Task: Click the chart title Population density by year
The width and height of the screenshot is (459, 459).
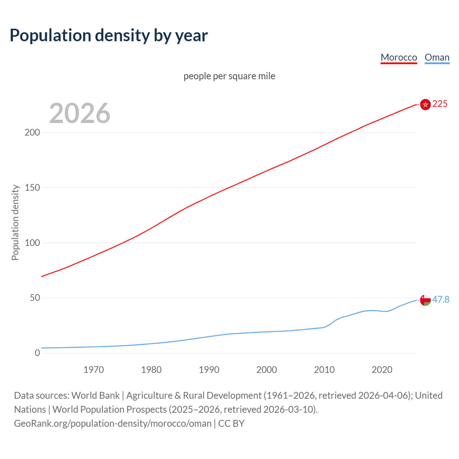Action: [x=109, y=36]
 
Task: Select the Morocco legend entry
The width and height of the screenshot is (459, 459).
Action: [x=399, y=57]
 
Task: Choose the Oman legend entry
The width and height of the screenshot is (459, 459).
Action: [x=437, y=57]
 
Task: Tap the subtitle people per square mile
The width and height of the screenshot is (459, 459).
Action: [x=229, y=76]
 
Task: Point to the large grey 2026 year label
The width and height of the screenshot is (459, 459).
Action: [x=80, y=113]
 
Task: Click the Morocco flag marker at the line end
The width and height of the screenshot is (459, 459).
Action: [x=425, y=104]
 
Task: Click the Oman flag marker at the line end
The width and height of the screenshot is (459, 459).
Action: [x=425, y=300]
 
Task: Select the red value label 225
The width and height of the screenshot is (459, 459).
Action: [x=440, y=104]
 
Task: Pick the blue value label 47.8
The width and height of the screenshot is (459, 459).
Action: [x=441, y=299]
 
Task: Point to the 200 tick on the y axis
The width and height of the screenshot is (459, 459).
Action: [x=32, y=132]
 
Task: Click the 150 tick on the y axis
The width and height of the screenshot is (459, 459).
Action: [x=32, y=188]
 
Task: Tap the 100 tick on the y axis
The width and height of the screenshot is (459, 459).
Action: [x=32, y=243]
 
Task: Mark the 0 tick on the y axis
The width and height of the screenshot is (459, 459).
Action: [x=37, y=353]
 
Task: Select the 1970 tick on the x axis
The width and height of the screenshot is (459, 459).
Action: [x=94, y=370]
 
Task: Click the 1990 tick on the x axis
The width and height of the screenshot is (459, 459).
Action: [x=209, y=370]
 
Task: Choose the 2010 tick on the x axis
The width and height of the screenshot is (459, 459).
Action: [x=324, y=370]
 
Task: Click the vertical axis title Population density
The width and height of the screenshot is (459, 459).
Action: [x=15, y=222]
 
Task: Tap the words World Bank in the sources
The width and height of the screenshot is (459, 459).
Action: [x=95, y=396]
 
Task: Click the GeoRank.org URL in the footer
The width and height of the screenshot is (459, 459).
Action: [x=113, y=423]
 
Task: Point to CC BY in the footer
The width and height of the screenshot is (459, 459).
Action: [x=231, y=423]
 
